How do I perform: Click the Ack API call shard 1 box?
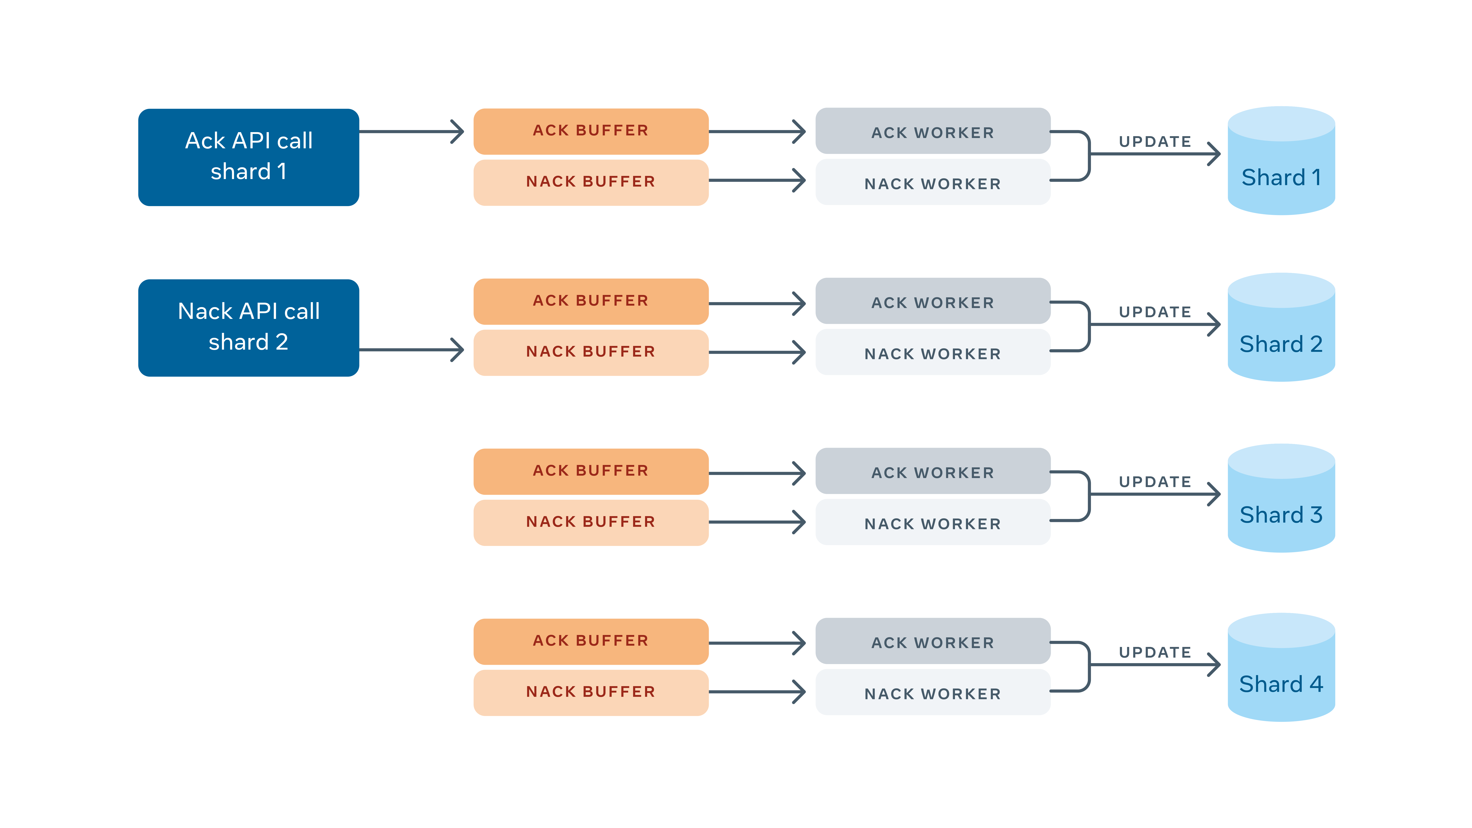(249, 157)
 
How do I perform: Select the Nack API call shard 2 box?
(249, 328)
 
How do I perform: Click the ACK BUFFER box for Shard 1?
(591, 131)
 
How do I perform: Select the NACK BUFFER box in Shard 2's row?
(591, 352)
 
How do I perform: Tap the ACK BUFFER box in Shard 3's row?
(591, 471)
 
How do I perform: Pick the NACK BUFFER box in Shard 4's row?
(591, 692)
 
